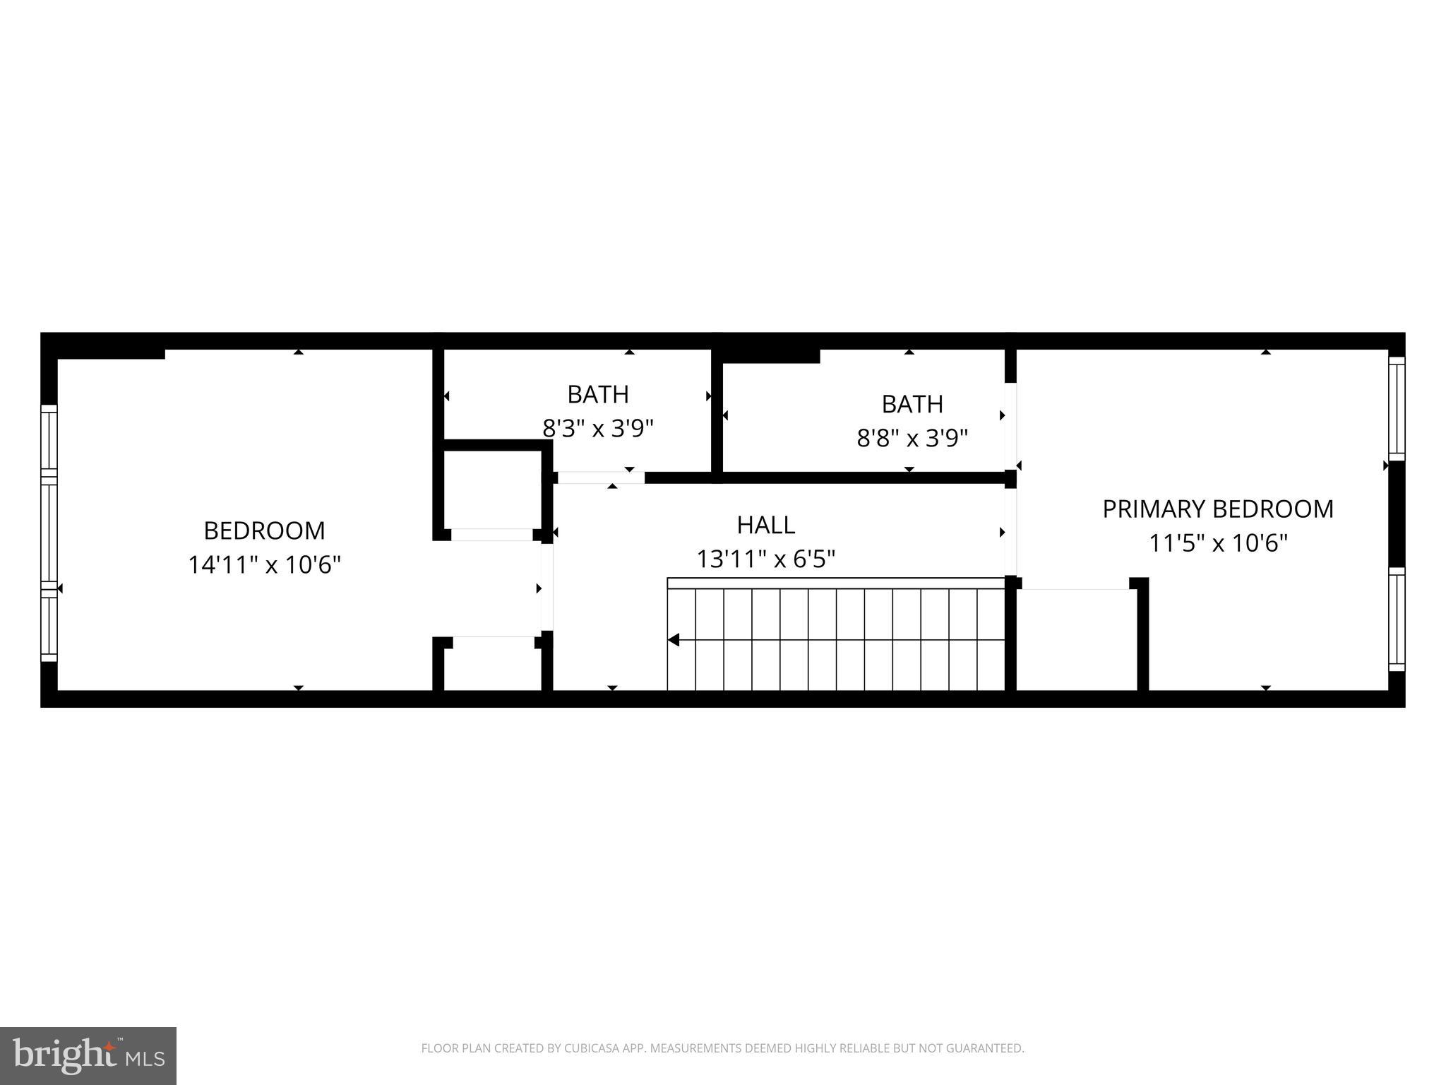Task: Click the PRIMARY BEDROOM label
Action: coord(1218,509)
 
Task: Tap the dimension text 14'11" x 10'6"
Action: coord(264,565)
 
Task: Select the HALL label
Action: coord(765,525)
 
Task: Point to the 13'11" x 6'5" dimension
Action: coord(765,559)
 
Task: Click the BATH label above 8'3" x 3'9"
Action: coord(598,394)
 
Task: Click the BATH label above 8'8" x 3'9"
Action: coord(912,404)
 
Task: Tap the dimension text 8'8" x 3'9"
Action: coord(912,439)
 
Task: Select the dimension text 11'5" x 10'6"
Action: coord(1218,543)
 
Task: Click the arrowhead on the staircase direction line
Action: coord(674,640)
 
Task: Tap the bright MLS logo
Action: coord(88,1055)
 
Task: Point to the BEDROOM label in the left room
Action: coord(264,530)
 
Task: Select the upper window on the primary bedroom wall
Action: coord(1397,408)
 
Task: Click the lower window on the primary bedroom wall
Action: coord(1397,619)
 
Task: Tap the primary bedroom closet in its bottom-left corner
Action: coord(1076,639)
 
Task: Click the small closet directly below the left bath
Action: coord(492,490)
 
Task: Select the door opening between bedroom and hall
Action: coord(546,588)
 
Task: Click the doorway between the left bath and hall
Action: coord(601,478)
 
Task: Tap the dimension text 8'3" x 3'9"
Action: coord(598,429)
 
